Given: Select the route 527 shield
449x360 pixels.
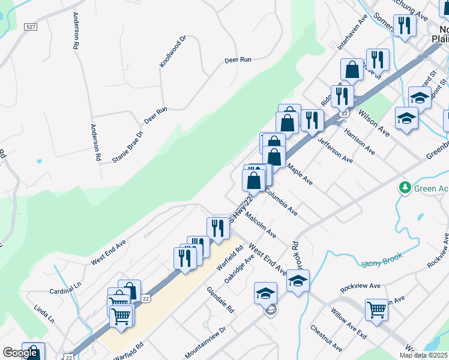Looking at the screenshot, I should coord(32,28).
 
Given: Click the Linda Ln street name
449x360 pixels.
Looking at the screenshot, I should coord(44,314).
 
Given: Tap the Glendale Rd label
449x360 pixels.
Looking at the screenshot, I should coord(220,300).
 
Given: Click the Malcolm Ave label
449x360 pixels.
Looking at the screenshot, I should coord(260,226).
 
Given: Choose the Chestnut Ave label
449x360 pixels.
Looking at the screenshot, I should coord(326,339).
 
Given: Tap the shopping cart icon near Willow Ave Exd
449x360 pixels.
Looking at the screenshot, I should coord(376,310).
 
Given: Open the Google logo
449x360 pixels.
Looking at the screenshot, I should coord(19,353).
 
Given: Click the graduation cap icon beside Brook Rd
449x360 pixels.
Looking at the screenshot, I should coord(298,280).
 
